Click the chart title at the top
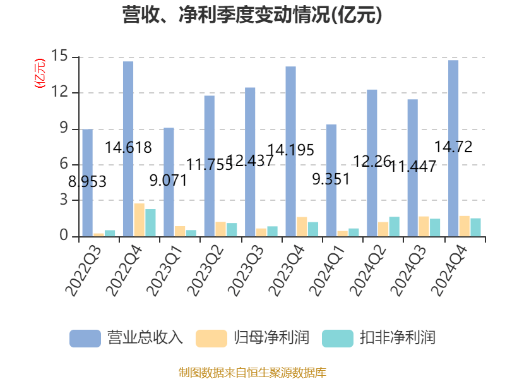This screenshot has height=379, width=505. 252,15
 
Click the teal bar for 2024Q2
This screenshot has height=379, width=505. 394,227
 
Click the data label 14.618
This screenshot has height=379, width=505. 128,148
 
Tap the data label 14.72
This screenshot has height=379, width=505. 453,147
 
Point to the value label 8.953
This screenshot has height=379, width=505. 87,182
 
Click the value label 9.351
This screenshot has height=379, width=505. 331,179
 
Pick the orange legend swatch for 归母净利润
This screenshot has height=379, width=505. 211,338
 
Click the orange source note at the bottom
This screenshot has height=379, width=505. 252,372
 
